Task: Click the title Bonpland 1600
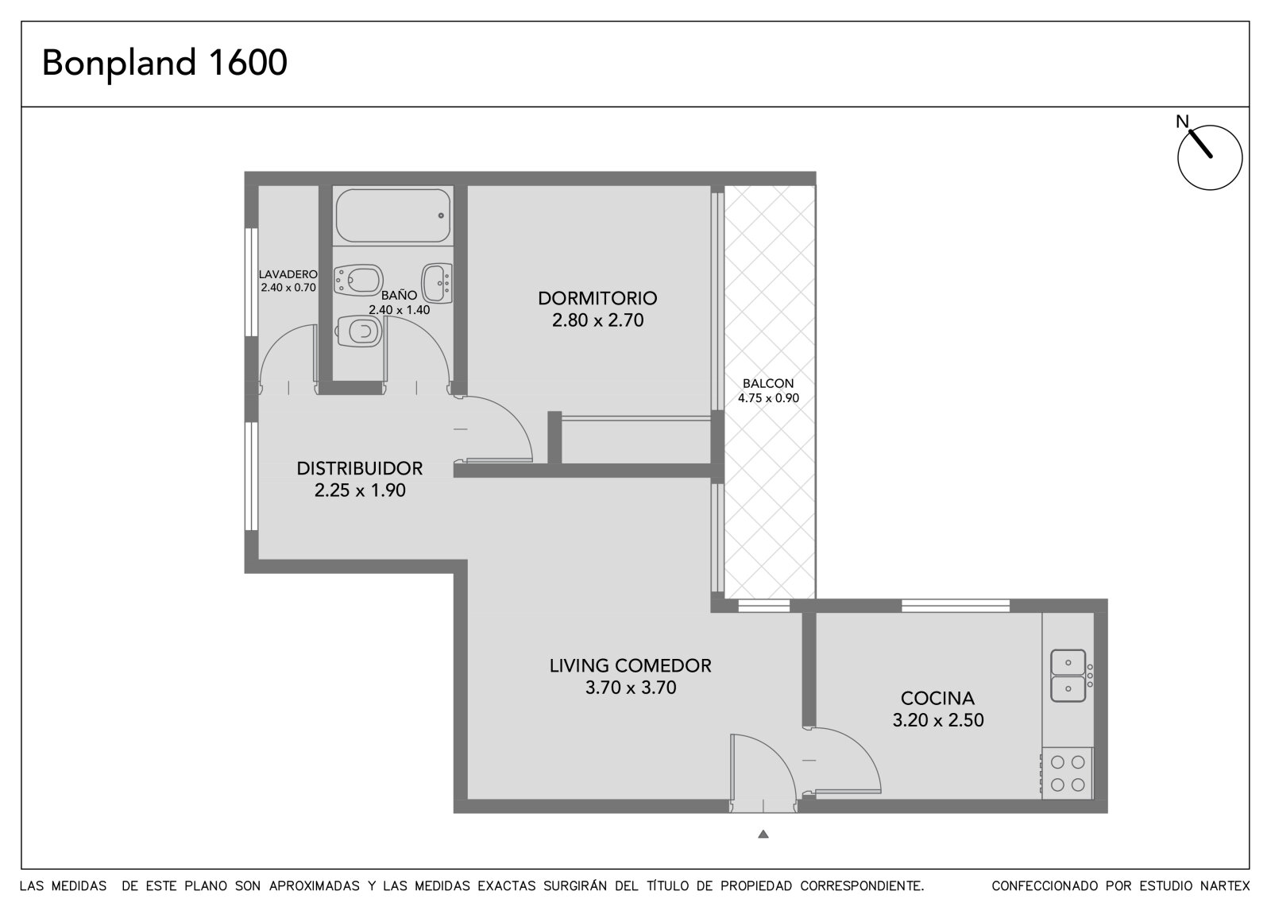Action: click(x=164, y=64)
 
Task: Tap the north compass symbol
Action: click(x=1209, y=157)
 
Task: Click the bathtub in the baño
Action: click(x=393, y=215)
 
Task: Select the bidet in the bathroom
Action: click(x=358, y=280)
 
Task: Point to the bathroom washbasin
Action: click(x=437, y=282)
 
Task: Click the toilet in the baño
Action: click(x=358, y=331)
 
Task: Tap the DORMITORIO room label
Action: click(x=597, y=298)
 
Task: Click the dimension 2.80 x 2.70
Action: click(x=597, y=320)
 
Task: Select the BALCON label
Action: click(x=768, y=383)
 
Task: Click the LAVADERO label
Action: click(x=288, y=274)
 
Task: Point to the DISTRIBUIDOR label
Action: click(x=360, y=468)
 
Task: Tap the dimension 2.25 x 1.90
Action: click(x=360, y=490)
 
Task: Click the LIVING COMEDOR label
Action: click(x=631, y=665)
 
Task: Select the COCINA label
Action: click(x=938, y=698)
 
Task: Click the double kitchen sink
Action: click(x=1068, y=676)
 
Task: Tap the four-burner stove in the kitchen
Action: click(x=1068, y=773)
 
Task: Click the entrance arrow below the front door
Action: click(x=763, y=834)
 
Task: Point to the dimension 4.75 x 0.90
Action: click(x=768, y=398)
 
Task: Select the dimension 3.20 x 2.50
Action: click(x=938, y=720)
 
